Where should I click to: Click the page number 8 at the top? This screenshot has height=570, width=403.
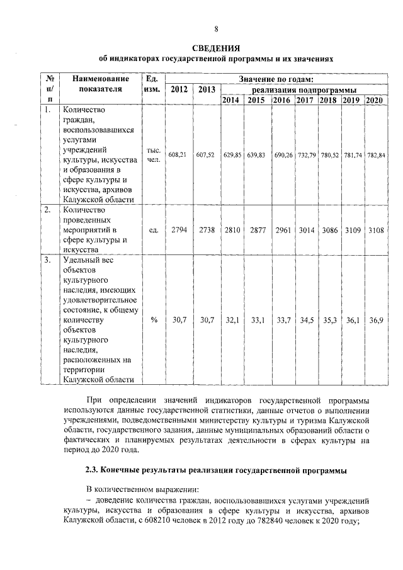pos(216,29)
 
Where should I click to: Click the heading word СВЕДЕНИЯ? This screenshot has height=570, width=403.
pos(216,48)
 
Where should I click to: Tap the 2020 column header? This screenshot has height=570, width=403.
pos(374,100)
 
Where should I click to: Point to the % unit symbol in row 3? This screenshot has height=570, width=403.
pos(154,321)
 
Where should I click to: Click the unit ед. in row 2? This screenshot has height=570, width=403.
pos(154,231)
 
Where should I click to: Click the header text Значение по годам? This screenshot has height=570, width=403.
pos(276,79)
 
